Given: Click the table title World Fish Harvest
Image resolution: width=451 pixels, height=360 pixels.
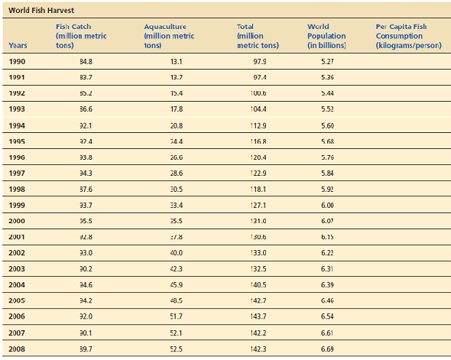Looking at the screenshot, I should [x=41, y=10].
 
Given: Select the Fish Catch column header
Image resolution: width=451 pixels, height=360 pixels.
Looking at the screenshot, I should [x=81, y=36].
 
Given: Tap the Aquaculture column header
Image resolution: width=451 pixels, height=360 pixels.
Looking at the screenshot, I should [x=169, y=36].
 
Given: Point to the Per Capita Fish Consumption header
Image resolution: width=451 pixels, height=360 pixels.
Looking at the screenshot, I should [x=404, y=36].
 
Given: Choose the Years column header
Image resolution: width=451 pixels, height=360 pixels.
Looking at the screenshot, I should [x=18, y=45].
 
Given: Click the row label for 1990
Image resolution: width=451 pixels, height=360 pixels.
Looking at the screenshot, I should [x=18, y=61].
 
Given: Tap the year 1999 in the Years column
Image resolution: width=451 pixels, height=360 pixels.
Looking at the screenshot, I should [x=18, y=205].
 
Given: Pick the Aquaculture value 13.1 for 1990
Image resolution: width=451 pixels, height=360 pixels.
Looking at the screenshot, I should [x=175, y=61].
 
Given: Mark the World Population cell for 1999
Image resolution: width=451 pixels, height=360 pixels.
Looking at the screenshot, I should [x=327, y=205].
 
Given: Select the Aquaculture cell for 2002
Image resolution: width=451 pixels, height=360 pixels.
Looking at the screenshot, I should [x=175, y=252].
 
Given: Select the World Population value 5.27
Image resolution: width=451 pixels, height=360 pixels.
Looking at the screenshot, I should [x=327, y=61].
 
